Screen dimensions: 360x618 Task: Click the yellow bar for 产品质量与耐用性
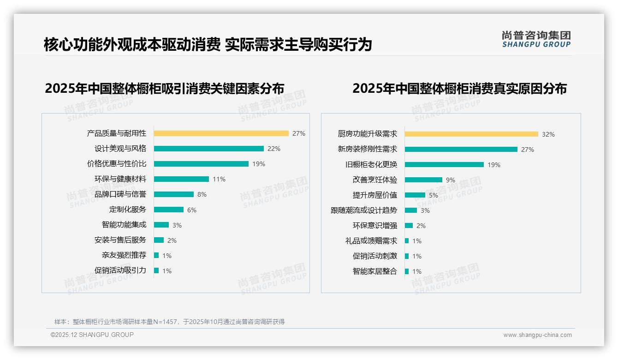pyautogui.click(x=221, y=133)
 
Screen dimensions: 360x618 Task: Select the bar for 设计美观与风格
pyautogui.click(x=208, y=149)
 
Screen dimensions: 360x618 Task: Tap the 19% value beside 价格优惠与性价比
pyautogui.click(x=259, y=164)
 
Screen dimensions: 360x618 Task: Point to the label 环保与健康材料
pyautogui.click(x=120, y=179)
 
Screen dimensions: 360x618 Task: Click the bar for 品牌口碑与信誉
pyautogui.click(x=173, y=194)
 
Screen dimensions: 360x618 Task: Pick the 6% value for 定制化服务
pyautogui.click(x=192, y=210)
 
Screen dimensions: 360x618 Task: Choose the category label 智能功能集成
pyautogui.click(x=124, y=225)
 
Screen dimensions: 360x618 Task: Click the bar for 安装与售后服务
pyautogui.click(x=159, y=240)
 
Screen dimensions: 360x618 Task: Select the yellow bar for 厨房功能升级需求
pyautogui.click(x=471, y=134)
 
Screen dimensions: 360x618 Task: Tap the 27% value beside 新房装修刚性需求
pyautogui.click(x=528, y=150)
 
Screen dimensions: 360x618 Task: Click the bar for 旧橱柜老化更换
pyautogui.click(x=444, y=165)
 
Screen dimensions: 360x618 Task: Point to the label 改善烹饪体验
pyautogui.click(x=374, y=180)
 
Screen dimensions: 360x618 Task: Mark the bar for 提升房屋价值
pyautogui.click(x=415, y=195)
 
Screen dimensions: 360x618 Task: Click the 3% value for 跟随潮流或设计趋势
pyautogui.click(x=425, y=210)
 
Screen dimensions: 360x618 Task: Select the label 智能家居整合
pyautogui.click(x=374, y=271)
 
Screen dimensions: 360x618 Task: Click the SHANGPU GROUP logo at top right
pyautogui.click(x=536, y=39)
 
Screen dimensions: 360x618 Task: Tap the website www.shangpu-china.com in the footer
pyautogui.click(x=537, y=335)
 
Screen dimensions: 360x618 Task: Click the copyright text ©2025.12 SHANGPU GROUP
pyautogui.click(x=92, y=335)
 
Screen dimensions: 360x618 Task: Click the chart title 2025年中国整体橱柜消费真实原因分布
pyautogui.click(x=459, y=88)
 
